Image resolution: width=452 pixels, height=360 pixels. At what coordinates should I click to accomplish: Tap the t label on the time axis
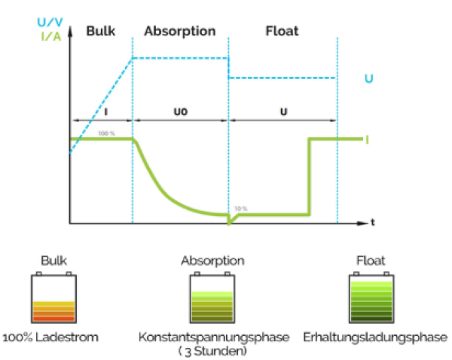[x=372, y=223]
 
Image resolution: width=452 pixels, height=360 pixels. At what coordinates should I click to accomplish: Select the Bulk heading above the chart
[x=102, y=31]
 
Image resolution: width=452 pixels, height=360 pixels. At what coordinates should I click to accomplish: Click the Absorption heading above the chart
[x=180, y=31]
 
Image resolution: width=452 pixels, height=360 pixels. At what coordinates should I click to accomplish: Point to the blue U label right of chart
[x=368, y=78]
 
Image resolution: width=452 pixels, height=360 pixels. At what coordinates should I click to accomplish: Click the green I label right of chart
[x=367, y=139]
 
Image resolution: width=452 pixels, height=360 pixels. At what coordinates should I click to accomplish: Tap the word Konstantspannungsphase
[x=214, y=337]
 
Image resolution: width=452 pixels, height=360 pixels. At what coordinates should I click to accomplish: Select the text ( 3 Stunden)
[x=213, y=349]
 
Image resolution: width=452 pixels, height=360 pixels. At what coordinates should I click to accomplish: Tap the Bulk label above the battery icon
[x=53, y=261]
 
